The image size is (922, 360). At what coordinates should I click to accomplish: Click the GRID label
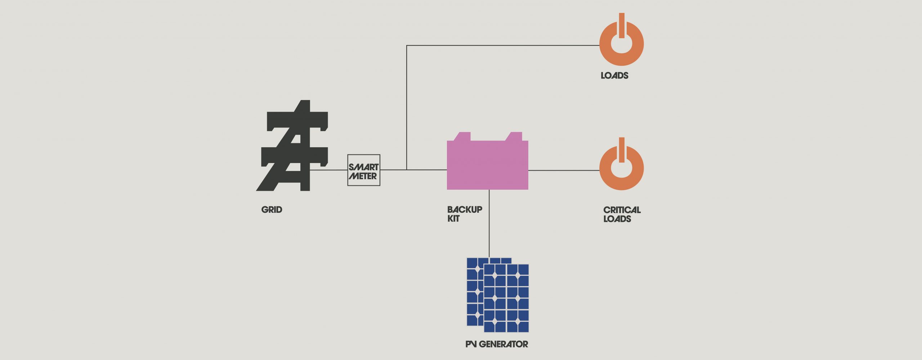pyautogui.click(x=272, y=210)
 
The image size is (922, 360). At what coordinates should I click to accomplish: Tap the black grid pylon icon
pyautogui.click(x=294, y=147)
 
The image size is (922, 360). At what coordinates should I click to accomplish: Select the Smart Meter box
pyautogui.click(x=363, y=170)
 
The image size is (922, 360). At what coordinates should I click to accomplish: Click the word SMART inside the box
pyautogui.click(x=363, y=167)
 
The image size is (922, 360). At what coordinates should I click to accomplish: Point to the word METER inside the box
pyautogui.click(x=363, y=176)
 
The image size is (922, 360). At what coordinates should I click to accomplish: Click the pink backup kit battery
pyautogui.click(x=487, y=165)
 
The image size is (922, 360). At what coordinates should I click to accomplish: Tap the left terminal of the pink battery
pyautogui.click(x=462, y=136)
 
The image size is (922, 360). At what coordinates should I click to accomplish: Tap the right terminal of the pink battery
pyautogui.click(x=514, y=136)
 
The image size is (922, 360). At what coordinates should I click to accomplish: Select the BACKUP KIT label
pyautogui.click(x=464, y=214)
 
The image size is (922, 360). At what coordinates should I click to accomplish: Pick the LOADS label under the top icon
pyautogui.click(x=614, y=76)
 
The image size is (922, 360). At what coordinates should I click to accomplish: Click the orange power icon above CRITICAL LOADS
pyautogui.click(x=621, y=167)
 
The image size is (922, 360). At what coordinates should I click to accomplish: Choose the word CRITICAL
pyautogui.click(x=622, y=210)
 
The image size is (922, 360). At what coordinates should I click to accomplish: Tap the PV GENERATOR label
pyautogui.click(x=497, y=345)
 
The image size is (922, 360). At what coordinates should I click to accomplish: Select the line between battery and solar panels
pyautogui.click(x=489, y=223)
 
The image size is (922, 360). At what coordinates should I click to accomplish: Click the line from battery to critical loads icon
pyautogui.click(x=564, y=170)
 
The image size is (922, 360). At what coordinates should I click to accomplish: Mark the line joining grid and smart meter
pyautogui.click(x=328, y=170)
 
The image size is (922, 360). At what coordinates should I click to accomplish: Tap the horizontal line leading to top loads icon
pyautogui.click(x=504, y=45)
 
